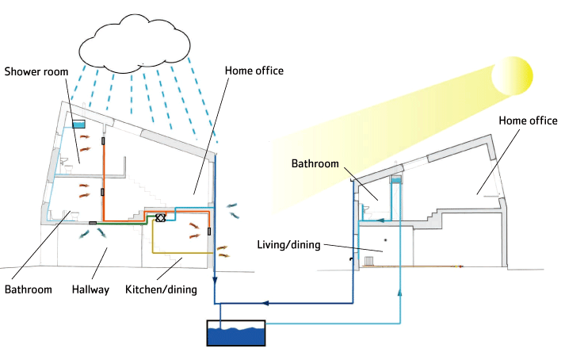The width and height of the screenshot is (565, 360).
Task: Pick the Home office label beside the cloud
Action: (x=254, y=71)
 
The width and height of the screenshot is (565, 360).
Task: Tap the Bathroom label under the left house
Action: (x=28, y=290)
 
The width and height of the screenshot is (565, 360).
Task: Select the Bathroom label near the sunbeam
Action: (x=315, y=164)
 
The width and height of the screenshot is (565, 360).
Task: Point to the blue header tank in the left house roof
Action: (x=78, y=124)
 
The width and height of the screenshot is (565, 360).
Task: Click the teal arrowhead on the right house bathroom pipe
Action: (x=380, y=221)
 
